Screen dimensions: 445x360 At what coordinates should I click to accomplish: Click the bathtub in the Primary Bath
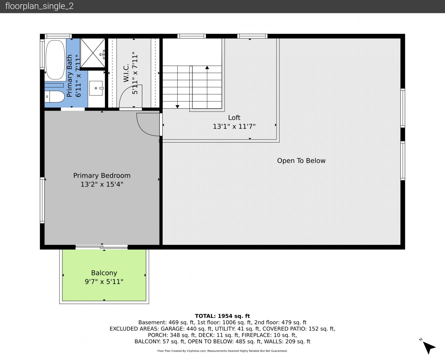click(55, 60)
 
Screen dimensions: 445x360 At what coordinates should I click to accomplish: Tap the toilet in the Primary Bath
click(54, 97)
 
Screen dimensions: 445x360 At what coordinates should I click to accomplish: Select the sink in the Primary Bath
click(96, 88)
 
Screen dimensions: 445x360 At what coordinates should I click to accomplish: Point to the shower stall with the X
click(93, 53)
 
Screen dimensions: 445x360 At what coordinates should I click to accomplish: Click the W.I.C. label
click(126, 73)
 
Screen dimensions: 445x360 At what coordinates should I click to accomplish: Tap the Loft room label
click(234, 118)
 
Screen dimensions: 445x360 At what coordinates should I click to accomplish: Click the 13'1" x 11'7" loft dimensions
click(234, 126)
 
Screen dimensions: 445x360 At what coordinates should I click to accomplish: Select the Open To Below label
click(301, 161)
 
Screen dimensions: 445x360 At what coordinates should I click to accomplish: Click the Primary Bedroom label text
click(102, 176)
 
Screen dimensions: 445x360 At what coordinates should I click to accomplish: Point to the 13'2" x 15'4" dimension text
click(102, 184)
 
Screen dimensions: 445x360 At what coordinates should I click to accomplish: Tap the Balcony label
click(104, 273)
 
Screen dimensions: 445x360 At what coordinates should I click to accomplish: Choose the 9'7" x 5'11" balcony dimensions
click(104, 282)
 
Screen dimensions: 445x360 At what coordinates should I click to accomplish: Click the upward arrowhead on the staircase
click(207, 67)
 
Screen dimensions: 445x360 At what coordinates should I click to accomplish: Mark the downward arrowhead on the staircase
click(177, 107)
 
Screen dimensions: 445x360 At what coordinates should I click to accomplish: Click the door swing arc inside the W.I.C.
click(125, 90)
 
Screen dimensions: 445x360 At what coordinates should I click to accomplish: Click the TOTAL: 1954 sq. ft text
click(222, 316)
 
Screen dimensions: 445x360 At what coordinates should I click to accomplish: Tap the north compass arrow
click(429, 347)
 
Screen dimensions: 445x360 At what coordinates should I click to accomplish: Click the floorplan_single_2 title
click(39, 6)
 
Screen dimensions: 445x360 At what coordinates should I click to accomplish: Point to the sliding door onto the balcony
click(102, 247)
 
